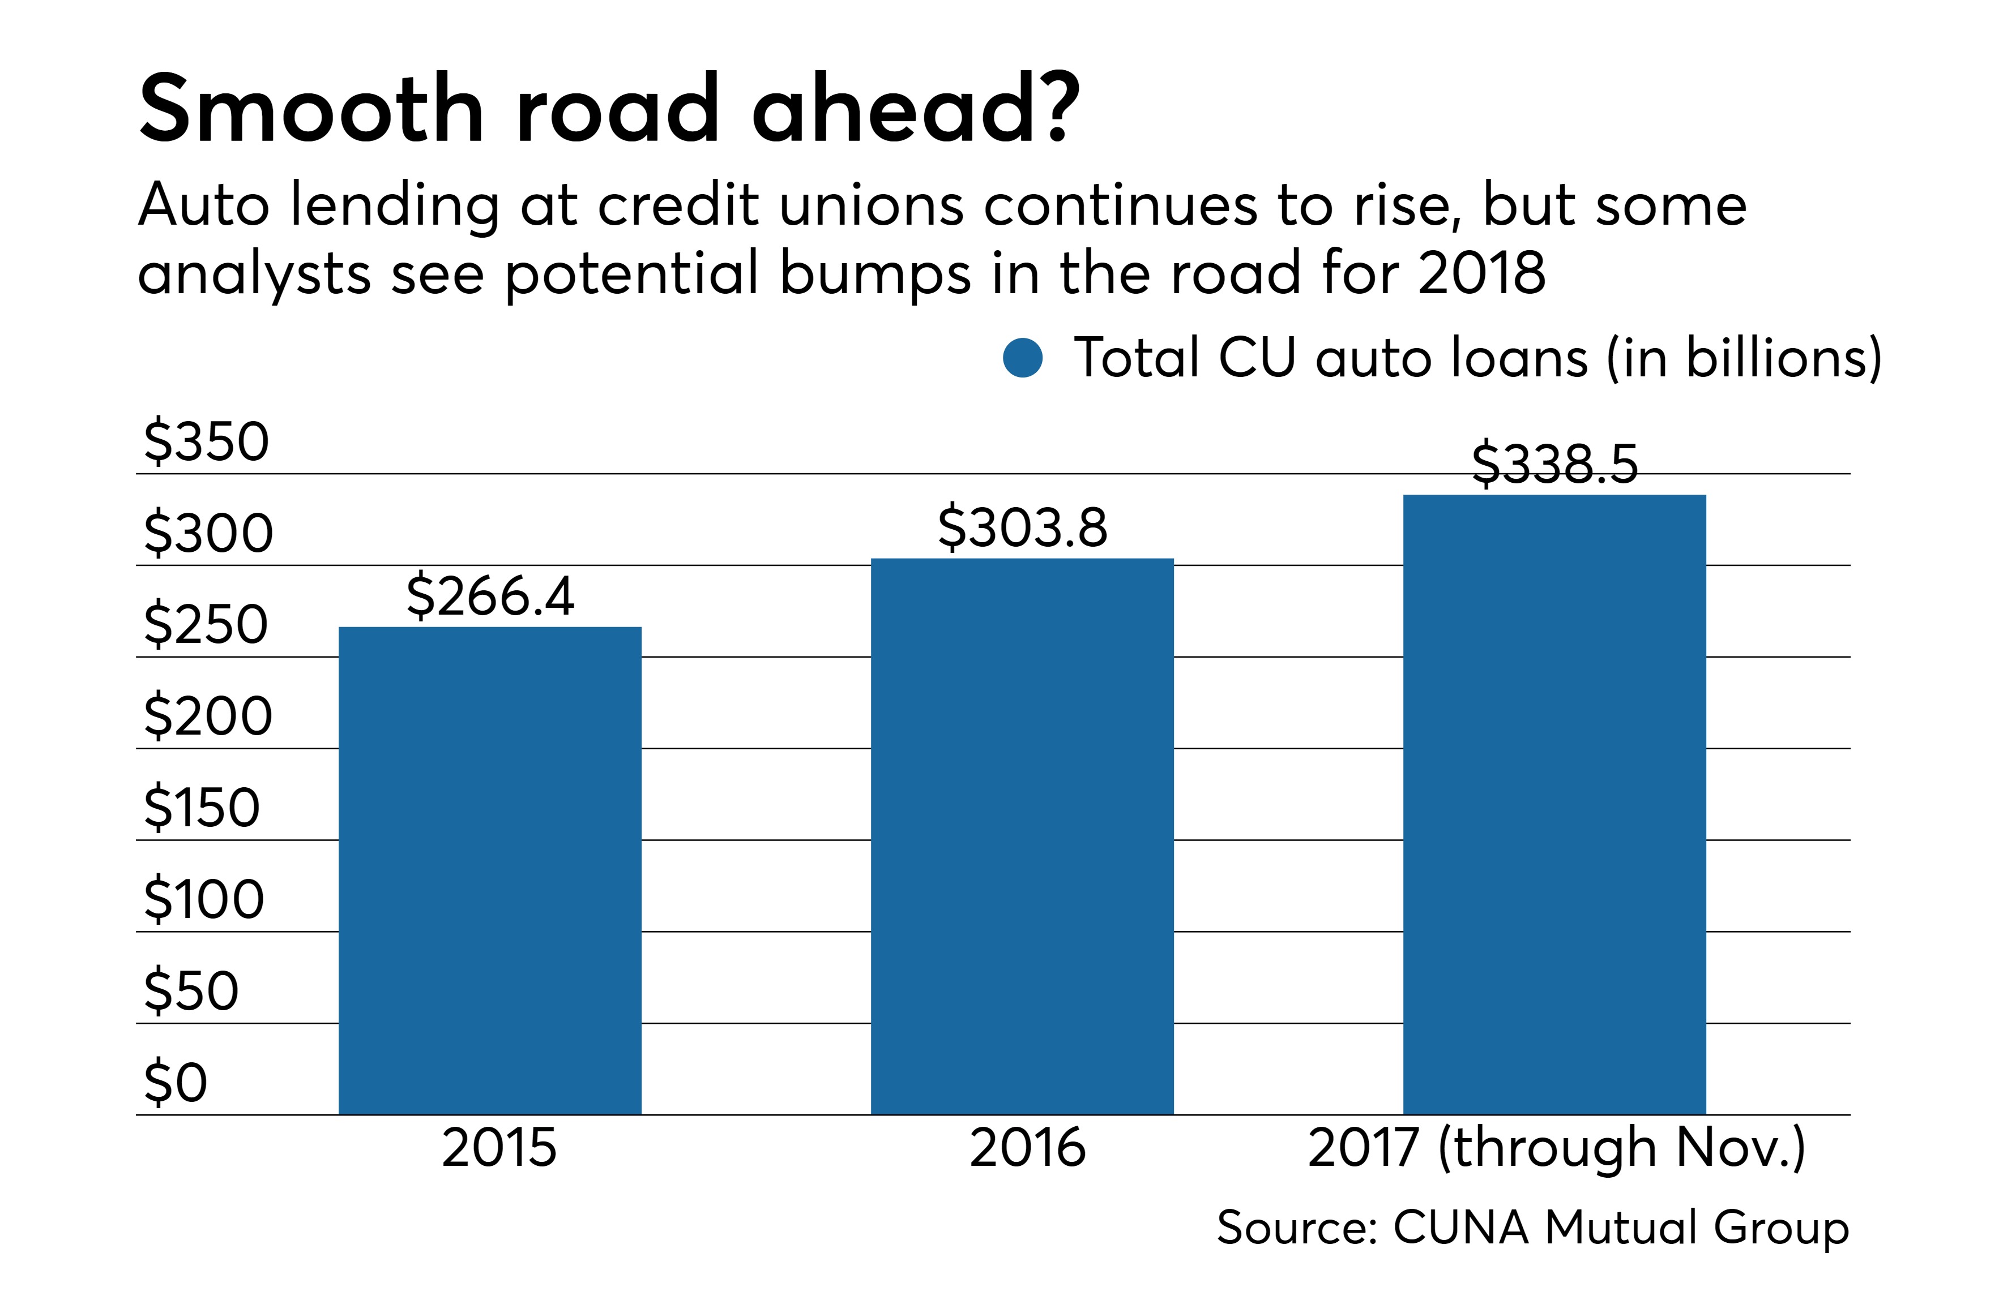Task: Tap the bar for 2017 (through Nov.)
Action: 1554,804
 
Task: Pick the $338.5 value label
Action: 1555,464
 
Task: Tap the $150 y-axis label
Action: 202,808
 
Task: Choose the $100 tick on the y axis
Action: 204,899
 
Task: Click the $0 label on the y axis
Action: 176,1082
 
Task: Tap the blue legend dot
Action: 1022,358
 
